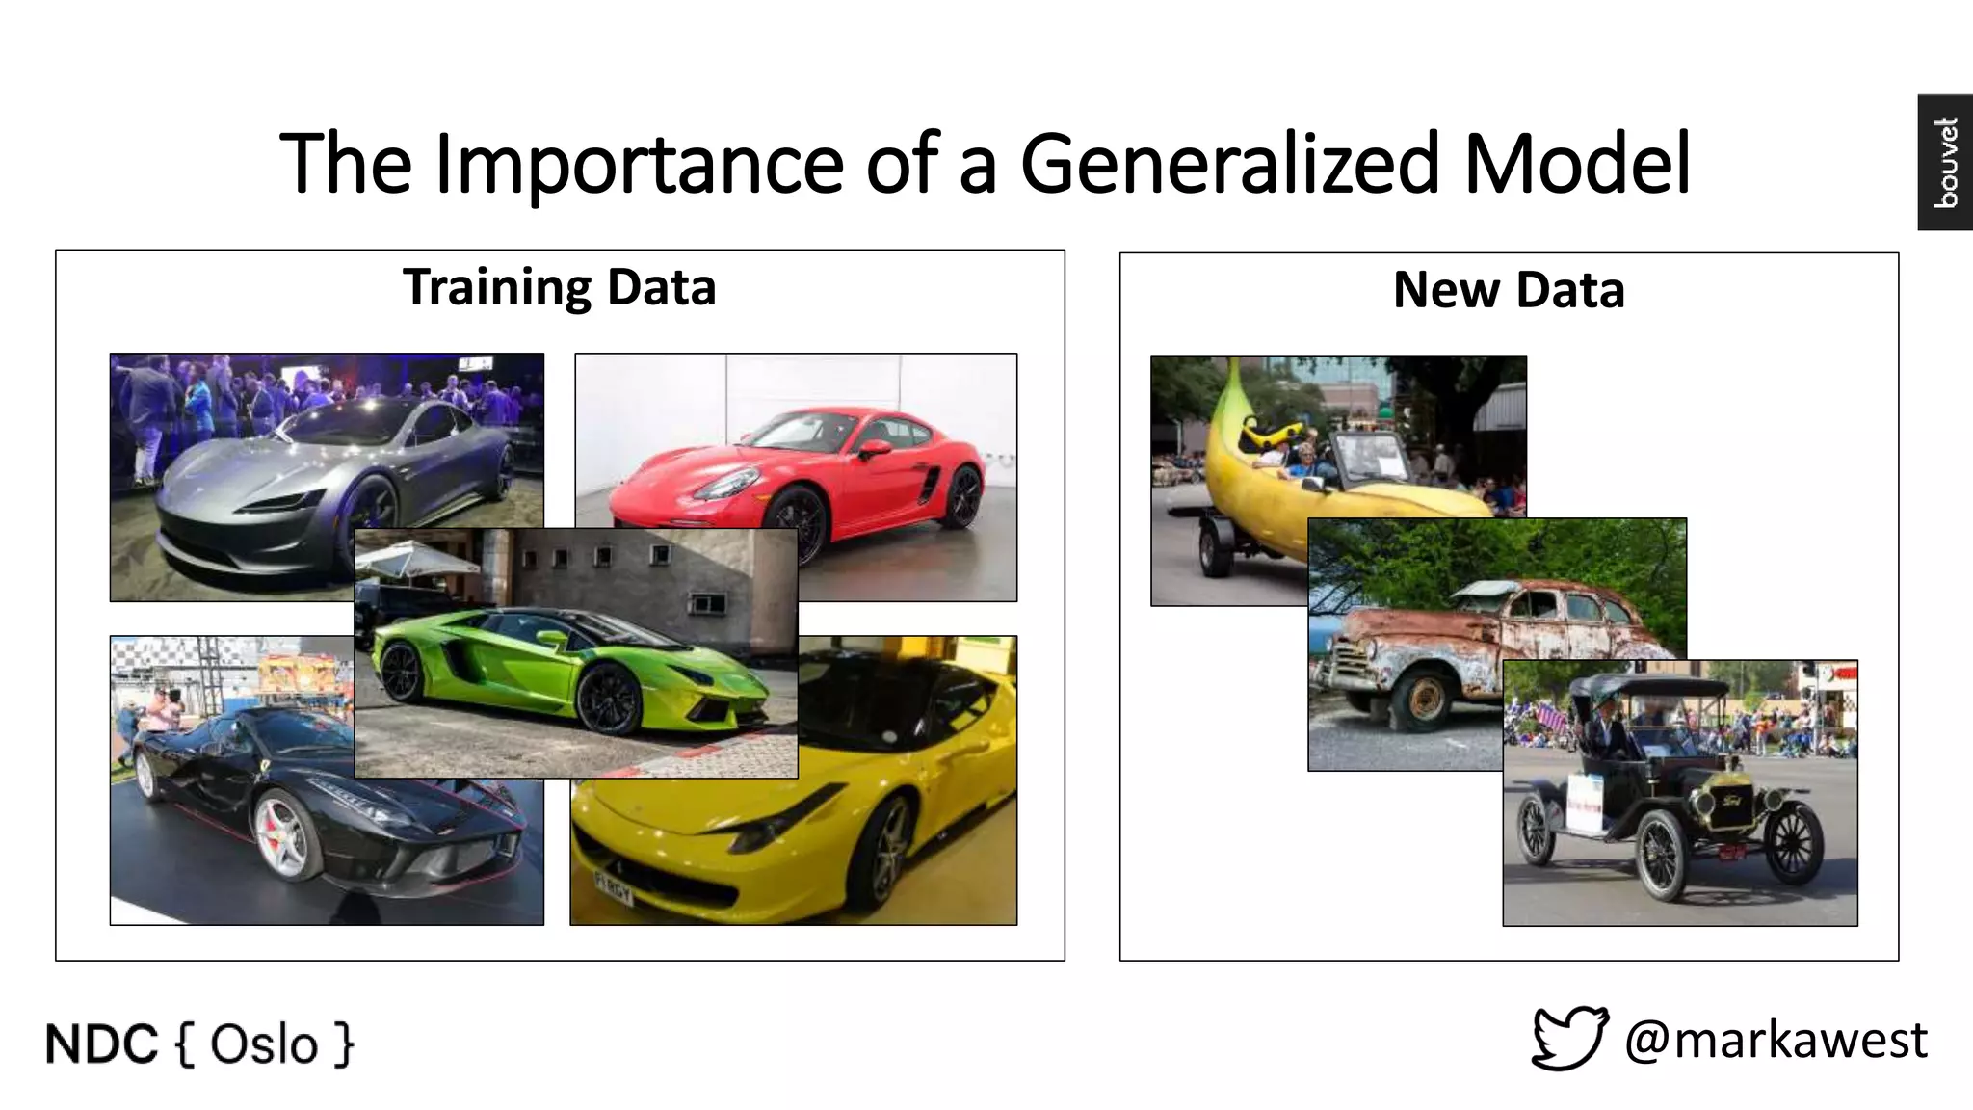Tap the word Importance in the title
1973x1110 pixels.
[639, 164]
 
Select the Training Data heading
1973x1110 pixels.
[559, 287]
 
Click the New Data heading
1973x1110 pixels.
[1509, 290]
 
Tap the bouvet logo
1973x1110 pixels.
[1945, 162]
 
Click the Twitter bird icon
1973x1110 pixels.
[1569, 1038]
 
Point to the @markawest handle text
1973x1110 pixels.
[1776, 1040]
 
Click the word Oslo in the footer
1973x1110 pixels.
[263, 1044]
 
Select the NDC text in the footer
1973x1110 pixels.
[101, 1044]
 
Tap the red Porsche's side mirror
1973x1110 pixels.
[873, 448]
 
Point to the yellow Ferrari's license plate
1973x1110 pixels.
[613, 887]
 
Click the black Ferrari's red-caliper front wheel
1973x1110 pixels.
[281, 834]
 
